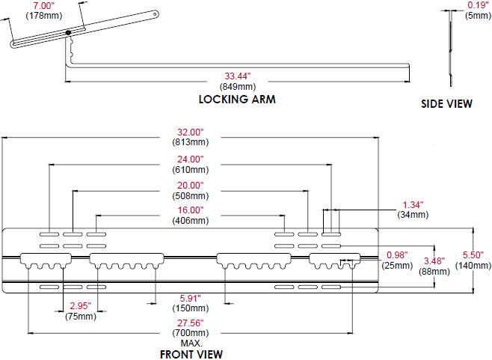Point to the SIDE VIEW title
coord(446,104)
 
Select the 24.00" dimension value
coord(190,159)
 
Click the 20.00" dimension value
coord(190,185)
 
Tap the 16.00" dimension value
coord(190,210)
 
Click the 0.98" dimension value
coord(398,254)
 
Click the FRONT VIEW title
coord(191,354)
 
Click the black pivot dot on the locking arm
coord(68,32)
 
